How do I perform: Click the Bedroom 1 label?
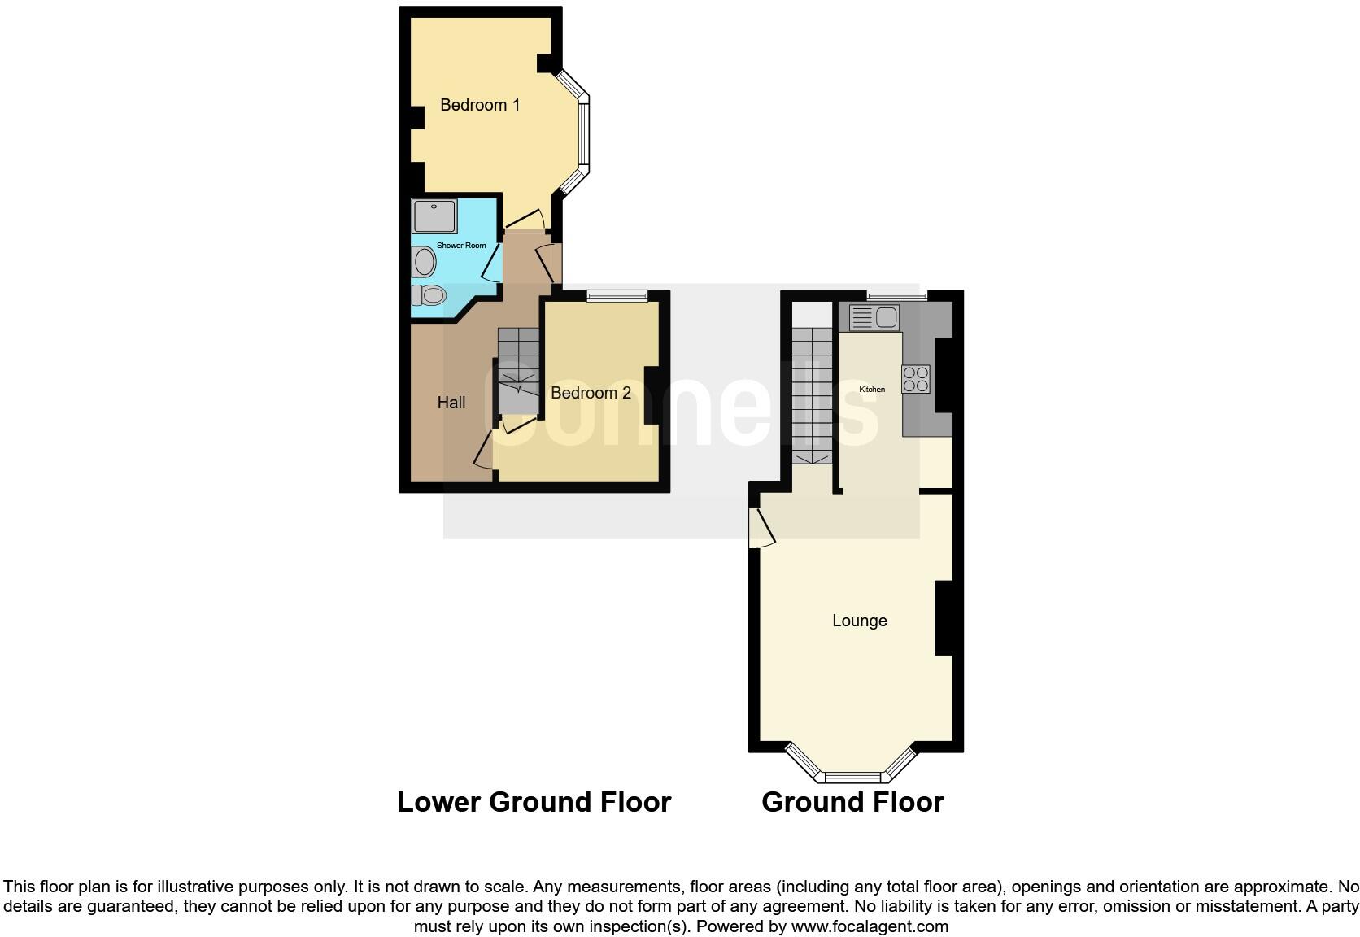point(480,105)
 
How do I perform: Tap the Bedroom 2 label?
point(591,393)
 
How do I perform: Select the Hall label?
point(451,403)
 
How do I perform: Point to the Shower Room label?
point(461,246)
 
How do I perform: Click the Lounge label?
point(859,621)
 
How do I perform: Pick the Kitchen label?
point(872,390)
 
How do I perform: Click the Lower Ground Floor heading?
point(534,802)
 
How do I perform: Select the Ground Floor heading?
point(852,802)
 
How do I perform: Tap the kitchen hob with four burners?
point(916,379)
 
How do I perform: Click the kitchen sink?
point(874,317)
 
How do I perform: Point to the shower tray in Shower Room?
point(434,216)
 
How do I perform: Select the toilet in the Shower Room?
point(429,294)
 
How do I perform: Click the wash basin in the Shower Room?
point(424,262)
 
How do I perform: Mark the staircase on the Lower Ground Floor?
point(518,371)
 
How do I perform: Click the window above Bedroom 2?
point(617,296)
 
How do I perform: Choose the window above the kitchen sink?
point(896,296)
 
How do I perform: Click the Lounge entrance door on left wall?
point(761,527)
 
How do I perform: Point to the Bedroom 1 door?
point(525,220)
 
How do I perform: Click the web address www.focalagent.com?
point(870,926)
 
